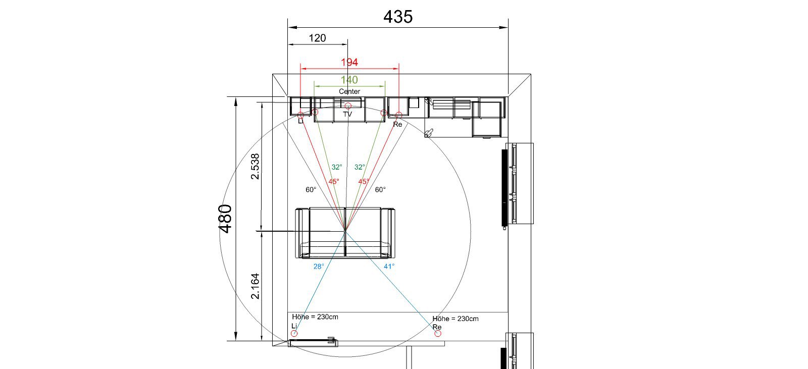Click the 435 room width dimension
398,17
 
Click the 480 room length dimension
226,219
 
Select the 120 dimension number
318,38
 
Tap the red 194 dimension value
349,63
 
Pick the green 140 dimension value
349,80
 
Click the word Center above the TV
349,91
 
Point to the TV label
347,115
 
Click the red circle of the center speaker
348,106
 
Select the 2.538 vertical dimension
255,166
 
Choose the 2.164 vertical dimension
255,286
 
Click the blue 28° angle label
319,267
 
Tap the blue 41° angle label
389,267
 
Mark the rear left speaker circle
294,333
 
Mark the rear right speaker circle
437,333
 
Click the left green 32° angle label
337,168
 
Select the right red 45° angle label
364,181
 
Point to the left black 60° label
311,190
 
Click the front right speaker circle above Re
398,115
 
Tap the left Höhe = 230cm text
315,317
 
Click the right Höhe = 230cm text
456,319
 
